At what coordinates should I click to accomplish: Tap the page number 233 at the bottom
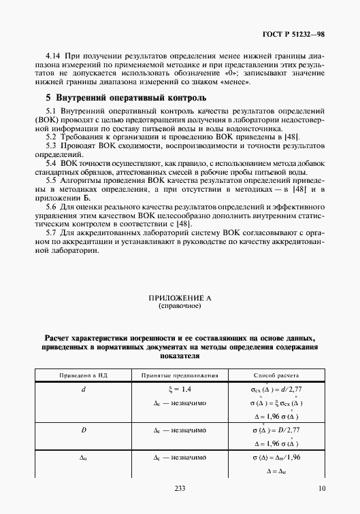[180, 487]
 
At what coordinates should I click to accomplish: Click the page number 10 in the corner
[322, 487]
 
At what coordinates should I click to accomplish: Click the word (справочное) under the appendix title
[180, 306]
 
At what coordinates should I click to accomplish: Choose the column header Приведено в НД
[82, 375]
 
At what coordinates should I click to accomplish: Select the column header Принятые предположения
[179, 375]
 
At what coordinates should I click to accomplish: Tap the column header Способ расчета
[276, 375]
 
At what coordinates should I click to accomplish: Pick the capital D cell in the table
[83, 430]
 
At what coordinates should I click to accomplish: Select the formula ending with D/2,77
[275, 430]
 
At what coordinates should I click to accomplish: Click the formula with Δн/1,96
[275, 458]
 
